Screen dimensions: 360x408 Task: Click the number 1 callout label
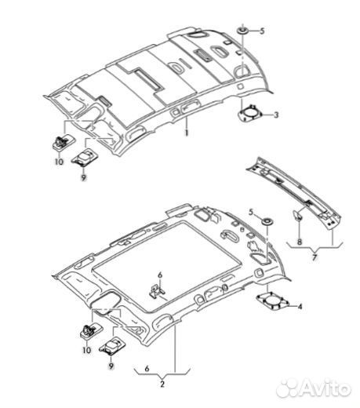click(x=187, y=133)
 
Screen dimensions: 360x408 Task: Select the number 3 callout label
click(x=276, y=115)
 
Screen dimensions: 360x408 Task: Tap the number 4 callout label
click(x=300, y=306)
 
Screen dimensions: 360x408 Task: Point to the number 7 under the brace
click(x=315, y=257)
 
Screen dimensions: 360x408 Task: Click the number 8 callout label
click(x=300, y=242)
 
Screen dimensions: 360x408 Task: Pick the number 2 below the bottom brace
click(x=162, y=384)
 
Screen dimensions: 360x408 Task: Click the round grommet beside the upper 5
click(x=242, y=31)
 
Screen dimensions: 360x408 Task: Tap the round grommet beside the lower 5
click(x=267, y=222)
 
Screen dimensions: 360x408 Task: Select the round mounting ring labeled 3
click(x=249, y=114)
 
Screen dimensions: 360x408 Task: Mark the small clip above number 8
click(x=298, y=214)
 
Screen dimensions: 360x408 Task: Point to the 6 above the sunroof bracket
click(x=160, y=275)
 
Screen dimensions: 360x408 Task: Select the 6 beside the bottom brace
click(x=147, y=369)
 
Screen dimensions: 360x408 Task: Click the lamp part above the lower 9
click(x=112, y=346)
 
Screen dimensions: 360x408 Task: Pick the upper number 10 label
click(x=59, y=162)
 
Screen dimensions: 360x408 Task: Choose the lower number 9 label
click(x=111, y=366)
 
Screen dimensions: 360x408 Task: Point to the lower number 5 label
click(x=251, y=212)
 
